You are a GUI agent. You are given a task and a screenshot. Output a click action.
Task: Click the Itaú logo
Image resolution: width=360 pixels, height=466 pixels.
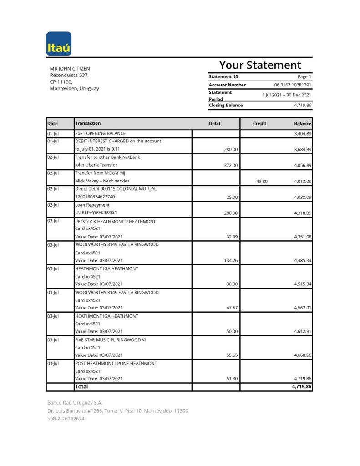(59, 44)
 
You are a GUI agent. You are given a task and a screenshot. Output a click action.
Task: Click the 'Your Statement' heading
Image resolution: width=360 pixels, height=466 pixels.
(260, 65)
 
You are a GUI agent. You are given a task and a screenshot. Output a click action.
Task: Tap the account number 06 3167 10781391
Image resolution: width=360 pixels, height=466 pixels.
(293, 85)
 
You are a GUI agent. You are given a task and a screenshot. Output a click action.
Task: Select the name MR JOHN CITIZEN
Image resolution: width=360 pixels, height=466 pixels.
(70, 69)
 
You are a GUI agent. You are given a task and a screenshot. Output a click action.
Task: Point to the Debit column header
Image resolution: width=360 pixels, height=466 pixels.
(215, 124)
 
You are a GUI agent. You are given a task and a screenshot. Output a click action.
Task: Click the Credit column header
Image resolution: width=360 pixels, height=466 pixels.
(259, 124)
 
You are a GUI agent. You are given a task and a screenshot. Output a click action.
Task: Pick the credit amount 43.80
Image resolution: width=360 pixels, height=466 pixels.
(262, 181)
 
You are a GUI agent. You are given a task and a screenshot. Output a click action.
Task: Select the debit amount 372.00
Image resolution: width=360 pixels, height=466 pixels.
(230, 165)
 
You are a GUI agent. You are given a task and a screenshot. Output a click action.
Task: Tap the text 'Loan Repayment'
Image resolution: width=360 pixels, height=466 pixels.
(92, 205)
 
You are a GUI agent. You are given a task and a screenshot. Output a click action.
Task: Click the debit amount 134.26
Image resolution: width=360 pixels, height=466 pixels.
(229, 261)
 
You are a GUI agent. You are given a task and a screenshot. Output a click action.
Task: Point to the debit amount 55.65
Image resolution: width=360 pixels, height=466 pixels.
(232, 355)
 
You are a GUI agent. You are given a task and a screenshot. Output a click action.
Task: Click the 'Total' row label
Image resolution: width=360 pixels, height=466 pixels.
(81, 386)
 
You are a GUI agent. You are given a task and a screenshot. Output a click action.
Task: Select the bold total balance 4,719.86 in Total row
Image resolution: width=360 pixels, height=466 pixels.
(301, 386)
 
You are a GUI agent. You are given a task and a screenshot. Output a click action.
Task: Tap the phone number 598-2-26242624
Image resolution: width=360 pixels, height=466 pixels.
(66, 419)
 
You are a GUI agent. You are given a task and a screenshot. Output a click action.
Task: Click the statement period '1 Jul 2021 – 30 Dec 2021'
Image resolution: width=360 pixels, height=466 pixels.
(286, 95)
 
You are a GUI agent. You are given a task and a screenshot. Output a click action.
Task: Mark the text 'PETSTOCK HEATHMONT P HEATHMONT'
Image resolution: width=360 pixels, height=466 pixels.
(115, 222)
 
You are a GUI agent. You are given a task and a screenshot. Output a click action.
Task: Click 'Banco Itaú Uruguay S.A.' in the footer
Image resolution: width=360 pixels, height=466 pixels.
(75, 402)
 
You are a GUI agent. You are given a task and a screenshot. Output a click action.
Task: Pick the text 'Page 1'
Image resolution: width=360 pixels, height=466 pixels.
(304, 77)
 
